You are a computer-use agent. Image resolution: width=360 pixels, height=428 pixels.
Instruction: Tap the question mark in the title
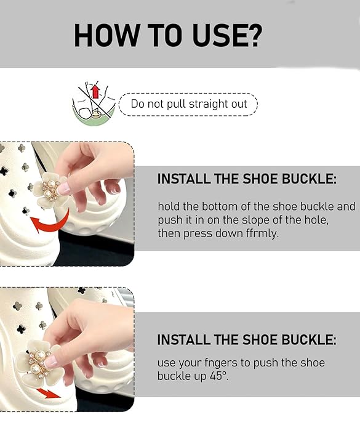tap(252, 36)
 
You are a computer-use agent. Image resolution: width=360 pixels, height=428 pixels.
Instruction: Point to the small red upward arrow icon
tap(95, 91)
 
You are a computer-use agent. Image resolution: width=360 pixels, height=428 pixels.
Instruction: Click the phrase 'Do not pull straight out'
tap(189, 104)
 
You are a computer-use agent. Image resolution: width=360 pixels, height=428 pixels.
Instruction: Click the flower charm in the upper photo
tap(50, 190)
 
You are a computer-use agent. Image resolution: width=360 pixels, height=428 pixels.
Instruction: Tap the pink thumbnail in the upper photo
tap(63, 189)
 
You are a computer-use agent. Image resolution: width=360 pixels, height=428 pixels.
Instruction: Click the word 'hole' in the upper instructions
tap(315, 220)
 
